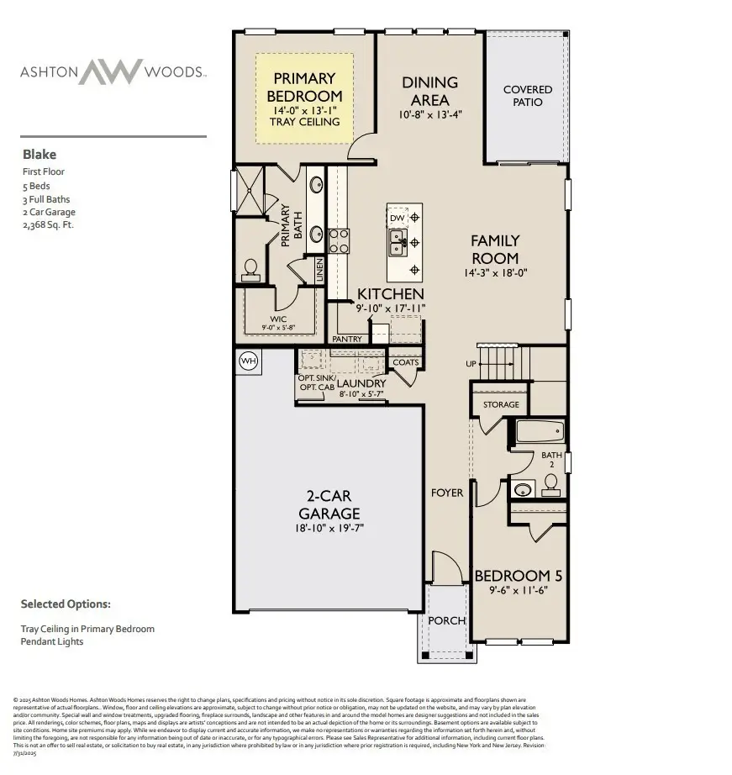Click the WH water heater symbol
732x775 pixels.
tap(248, 361)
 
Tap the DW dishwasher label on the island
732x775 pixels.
tap(397, 219)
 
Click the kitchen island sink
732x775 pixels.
tap(397, 245)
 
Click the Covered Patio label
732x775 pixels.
tap(528, 96)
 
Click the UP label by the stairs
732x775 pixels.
tap(471, 363)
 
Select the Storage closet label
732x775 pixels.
tap(501, 405)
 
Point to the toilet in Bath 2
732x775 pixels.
tap(551, 482)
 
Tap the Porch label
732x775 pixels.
tap(446, 620)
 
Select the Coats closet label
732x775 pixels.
tap(405, 362)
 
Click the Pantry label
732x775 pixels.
tap(347, 339)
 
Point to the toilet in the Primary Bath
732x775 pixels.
tap(250, 268)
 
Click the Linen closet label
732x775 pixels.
tap(319, 269)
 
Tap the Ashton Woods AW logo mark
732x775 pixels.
tap(109, 71)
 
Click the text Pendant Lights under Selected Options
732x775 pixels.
tap(52, 641)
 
